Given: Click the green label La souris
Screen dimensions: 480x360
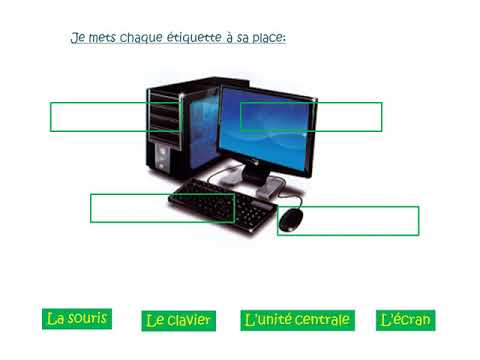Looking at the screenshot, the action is coord(77,319).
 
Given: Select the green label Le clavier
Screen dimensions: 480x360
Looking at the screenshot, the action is coord(178,321).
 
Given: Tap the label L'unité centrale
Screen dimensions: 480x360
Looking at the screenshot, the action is coord(297,320).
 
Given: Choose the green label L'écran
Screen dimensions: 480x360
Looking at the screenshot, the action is coord(405,320).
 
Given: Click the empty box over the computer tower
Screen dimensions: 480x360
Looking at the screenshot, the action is coord(115,117).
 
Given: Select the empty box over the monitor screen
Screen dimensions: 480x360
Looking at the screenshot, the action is coord(311,117).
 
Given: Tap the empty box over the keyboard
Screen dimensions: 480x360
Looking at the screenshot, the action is coord(162,208).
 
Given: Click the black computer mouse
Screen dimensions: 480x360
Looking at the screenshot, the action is coord(290,219).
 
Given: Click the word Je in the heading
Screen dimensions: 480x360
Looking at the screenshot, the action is coord(76,38).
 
